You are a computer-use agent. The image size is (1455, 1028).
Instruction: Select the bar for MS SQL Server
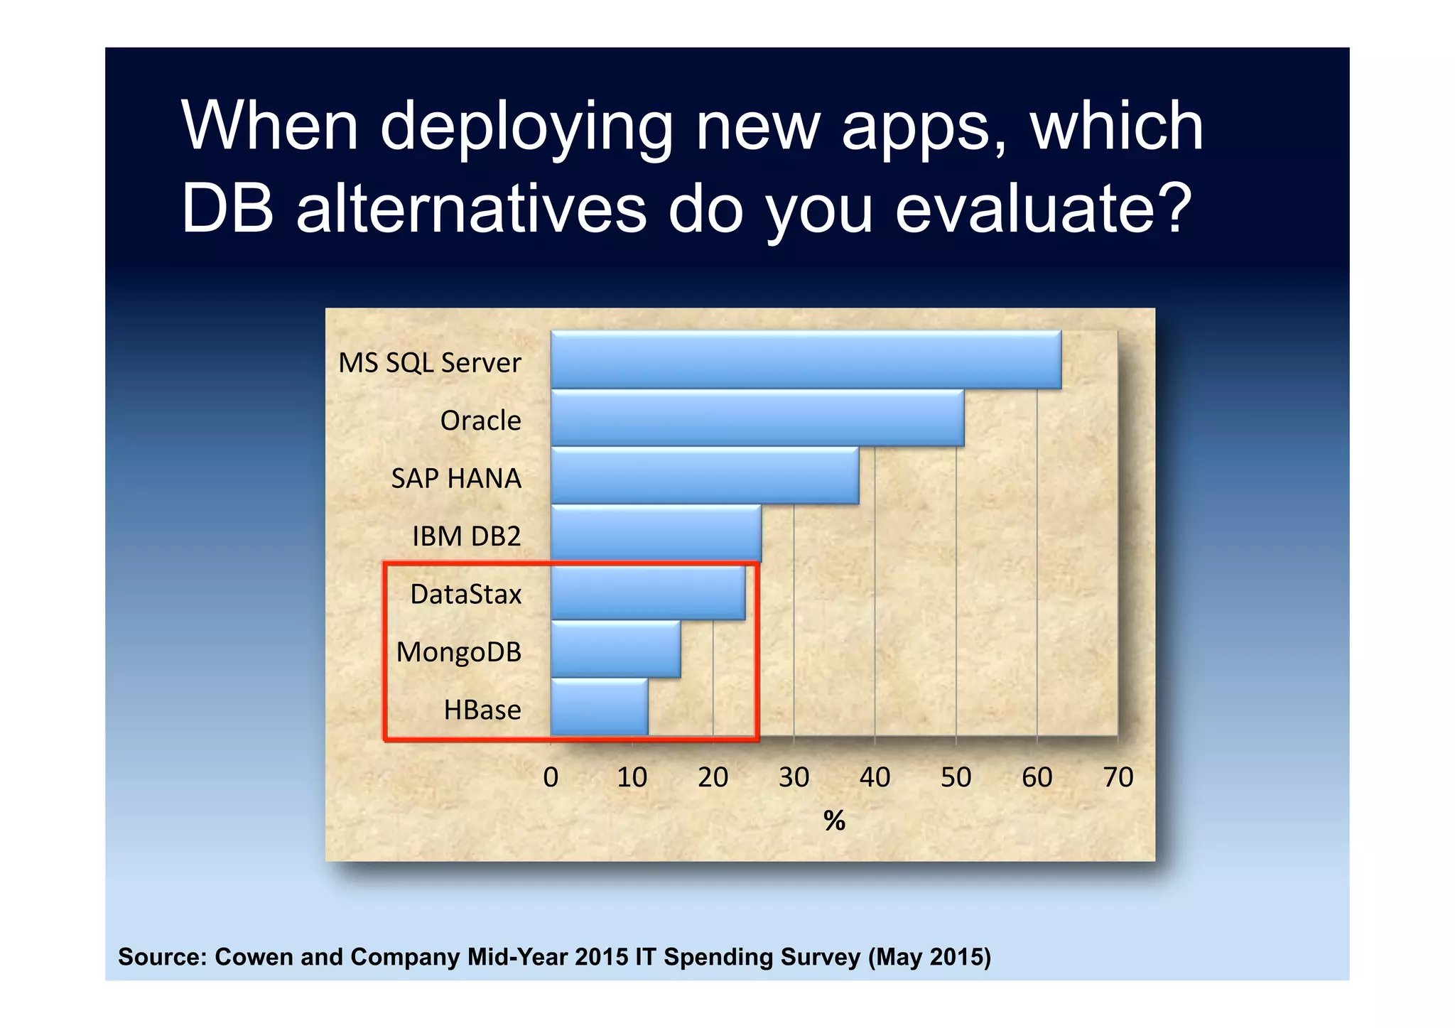[806, 359]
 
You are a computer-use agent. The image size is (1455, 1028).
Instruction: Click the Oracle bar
[757, 418]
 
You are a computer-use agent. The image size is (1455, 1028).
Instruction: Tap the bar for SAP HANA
[705, 476]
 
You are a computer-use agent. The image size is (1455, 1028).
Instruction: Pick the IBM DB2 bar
[656, 534]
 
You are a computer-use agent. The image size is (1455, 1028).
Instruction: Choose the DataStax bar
[648, 592]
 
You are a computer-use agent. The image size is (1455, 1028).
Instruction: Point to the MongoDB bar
[615, 649]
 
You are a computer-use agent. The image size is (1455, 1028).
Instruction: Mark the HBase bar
[599, 708]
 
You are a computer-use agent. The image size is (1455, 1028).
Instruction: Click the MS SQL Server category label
[429, 363]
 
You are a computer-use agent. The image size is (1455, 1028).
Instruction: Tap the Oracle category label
[480, 421]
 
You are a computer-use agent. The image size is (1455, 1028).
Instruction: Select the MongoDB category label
[458, 652]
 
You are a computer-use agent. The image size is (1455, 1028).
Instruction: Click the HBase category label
[482, 710]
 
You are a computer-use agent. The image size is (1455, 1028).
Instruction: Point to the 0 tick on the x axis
[551, 777]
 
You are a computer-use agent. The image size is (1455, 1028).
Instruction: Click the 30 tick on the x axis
[794, 777]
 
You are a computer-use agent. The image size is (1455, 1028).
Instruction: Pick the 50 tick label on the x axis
[956, 777]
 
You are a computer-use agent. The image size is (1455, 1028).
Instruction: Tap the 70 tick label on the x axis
[1118, 777]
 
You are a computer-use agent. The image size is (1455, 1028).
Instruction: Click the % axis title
[834, 821]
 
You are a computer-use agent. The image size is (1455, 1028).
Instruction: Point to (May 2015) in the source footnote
[929, 957]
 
